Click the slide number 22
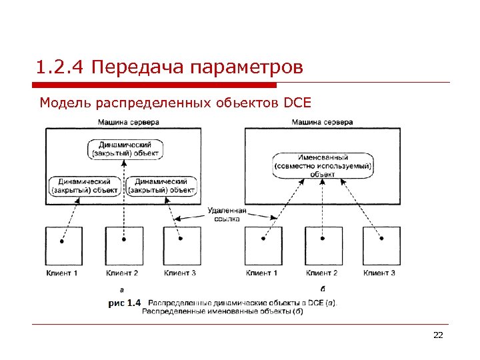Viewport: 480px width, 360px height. (438, 335)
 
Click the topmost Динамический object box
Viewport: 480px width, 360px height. (125, 148)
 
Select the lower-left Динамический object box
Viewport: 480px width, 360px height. (85, 185)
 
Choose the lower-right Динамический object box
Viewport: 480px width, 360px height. (163, 185)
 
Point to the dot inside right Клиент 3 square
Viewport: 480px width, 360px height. (381, 239)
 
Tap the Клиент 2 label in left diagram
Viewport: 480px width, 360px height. (122, 273)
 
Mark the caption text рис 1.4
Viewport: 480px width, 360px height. (125, 303)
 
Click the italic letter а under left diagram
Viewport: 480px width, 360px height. (121, 289)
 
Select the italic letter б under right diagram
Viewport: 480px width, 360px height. (323, 289)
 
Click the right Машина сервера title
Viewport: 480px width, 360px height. (323, 123)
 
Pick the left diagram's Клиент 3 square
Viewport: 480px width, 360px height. (182, 247)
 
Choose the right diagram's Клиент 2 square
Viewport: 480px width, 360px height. (322, 247)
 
